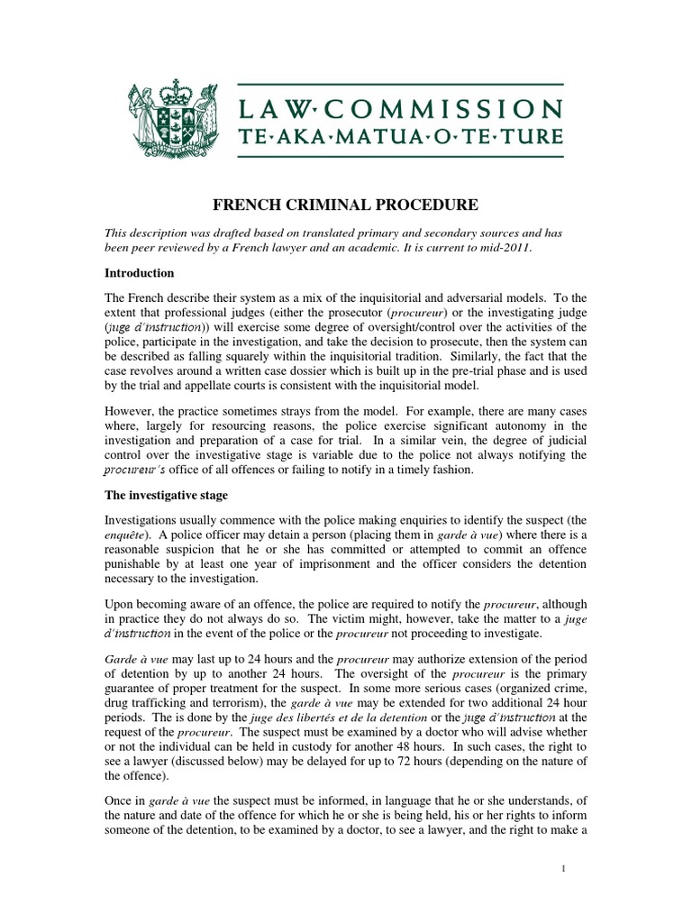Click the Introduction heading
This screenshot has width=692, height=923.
tap(140, 273)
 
